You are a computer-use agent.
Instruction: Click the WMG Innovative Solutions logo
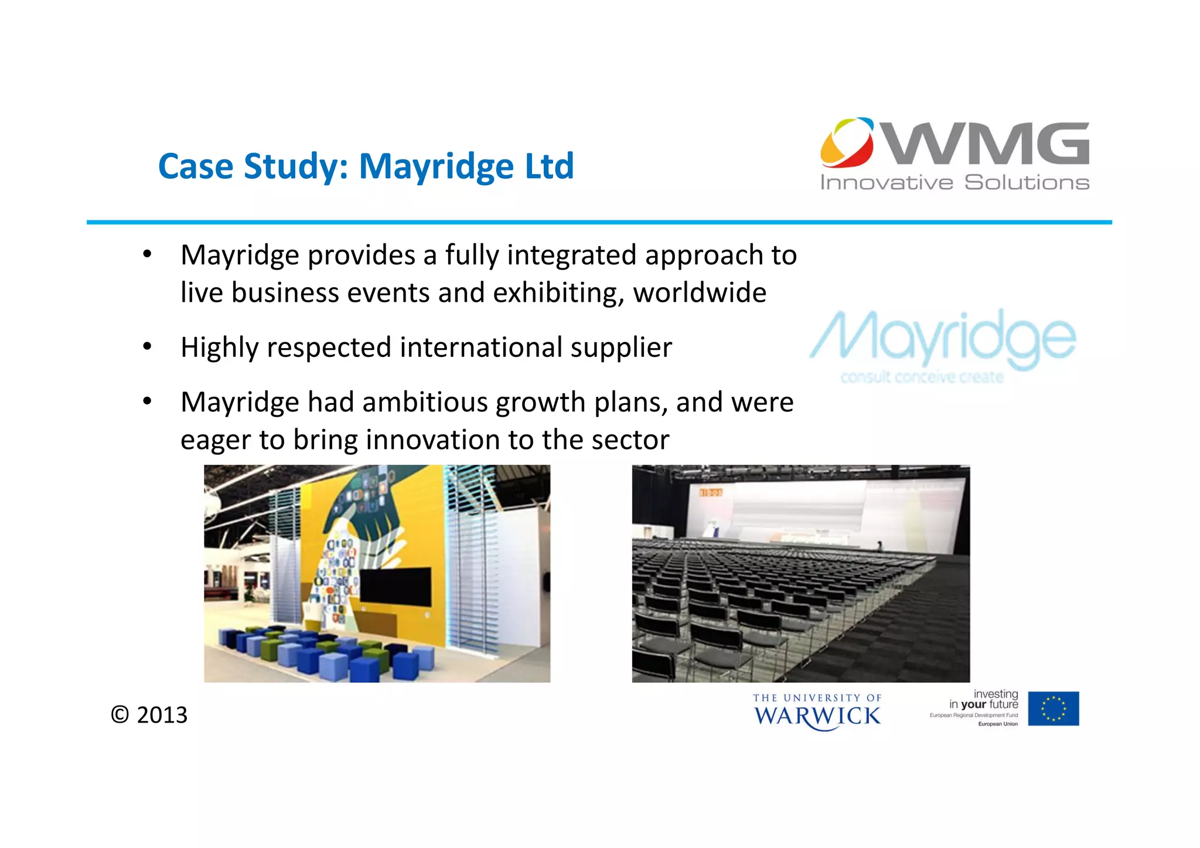[x=954, y=155]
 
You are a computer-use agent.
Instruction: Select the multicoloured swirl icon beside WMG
[x=847, y=142]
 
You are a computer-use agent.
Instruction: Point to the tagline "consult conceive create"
[x=922, y=377]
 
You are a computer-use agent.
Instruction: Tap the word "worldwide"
[x=700, y=292]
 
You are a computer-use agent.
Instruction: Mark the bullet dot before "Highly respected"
[x=147, y=346]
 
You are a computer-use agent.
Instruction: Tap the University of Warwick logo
[x=817, y=711]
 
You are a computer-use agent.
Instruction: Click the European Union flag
[x=1053, y=709]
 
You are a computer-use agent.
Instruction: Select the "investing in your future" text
[x=984, y=700]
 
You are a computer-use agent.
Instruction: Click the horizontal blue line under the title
[x=599, y=223]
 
